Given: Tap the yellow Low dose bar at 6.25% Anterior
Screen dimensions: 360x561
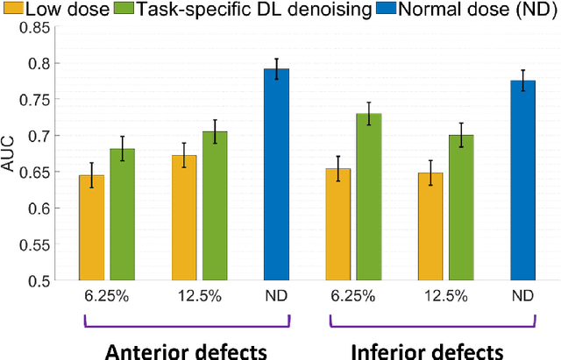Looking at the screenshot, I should pos(91,228).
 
